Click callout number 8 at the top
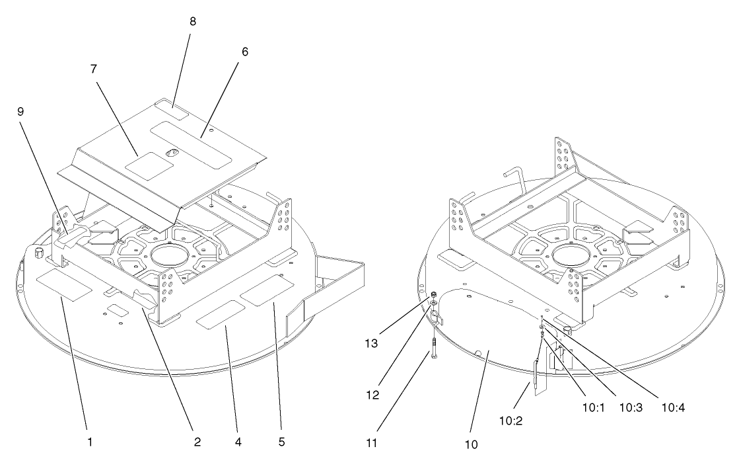(x=193, y=22)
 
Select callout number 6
(x=245, y=52)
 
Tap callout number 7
(x=94, y=69)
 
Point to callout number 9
(x=20, y=112)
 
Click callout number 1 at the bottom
(x=89, y=442)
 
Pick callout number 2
(x=197, y=442)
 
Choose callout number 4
(x=238, y=442)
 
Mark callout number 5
(x=281, y=442)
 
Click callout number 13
(x=371, y=343)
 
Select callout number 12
(x=372, y=395)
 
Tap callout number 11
(x=371, y=443)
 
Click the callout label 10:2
(x=511, y=421)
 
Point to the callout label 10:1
(x=594, y=407)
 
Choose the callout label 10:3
(x=631, y=407)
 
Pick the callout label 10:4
(x=673, y=407)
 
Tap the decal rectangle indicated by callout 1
(x=65, y=286)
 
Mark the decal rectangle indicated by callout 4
(x=221, y=314)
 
